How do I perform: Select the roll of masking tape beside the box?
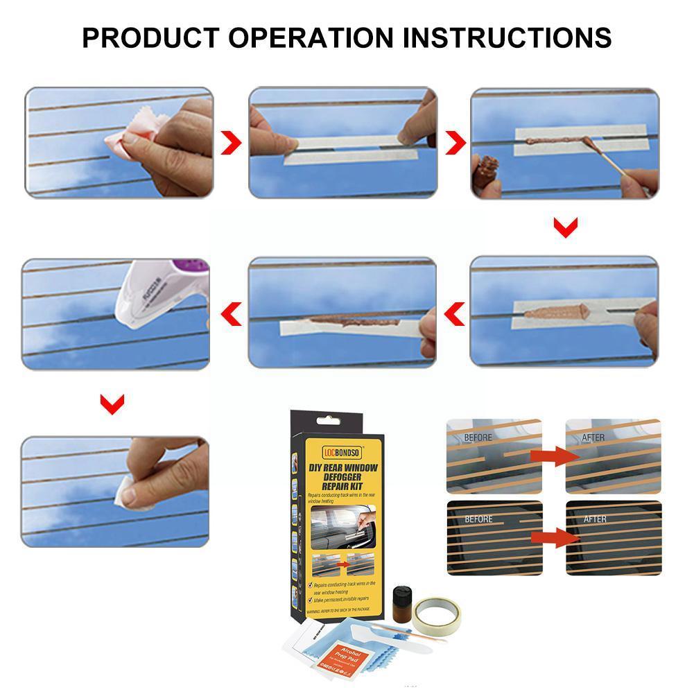pyautogui.click(x=437, y=610)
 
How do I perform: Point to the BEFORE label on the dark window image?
pyautogui.click(x=478, y=519)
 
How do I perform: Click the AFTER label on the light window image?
pyautogui.click(x=593, y=438)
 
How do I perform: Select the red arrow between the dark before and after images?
pyautogui.click(x=553, y=536)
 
